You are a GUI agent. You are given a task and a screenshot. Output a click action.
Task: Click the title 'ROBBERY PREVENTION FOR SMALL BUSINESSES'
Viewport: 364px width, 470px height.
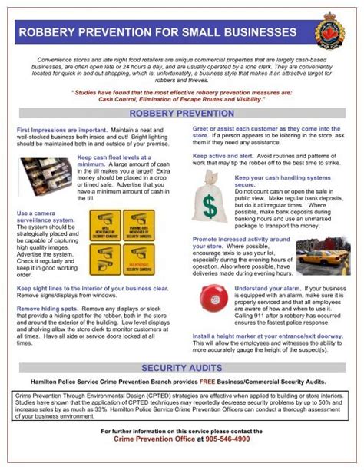click(157, 33)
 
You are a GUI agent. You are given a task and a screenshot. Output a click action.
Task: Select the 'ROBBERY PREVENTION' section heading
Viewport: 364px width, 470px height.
click(181, 113)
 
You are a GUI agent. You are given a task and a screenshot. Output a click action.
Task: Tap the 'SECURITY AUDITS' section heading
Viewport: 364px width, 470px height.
click(181, 369)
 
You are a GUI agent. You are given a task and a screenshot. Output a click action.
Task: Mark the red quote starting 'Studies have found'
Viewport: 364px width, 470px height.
click(181, 96)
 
